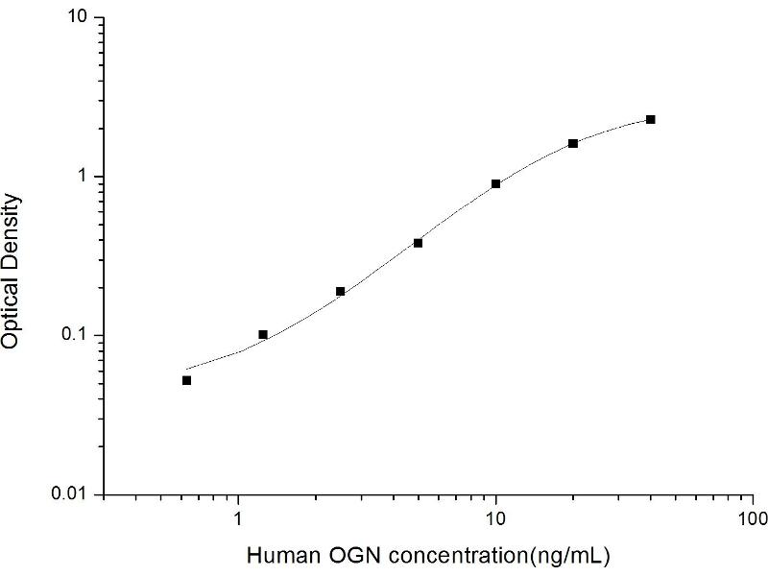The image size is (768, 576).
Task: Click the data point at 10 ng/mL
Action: click(x=495, y=183)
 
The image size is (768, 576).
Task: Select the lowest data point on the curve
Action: click(x=186, y=380)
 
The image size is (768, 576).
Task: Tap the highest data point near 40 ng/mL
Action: click(x=651, y=119)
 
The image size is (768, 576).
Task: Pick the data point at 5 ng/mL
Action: click(x=418, y=243)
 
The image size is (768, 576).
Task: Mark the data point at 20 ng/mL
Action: click(x=573, y=143)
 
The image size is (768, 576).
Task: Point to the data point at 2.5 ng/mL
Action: click(x=341, y=291)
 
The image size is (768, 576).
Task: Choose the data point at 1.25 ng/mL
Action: click(x=263, y=334)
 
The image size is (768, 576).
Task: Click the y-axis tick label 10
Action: click(x=80, y=18)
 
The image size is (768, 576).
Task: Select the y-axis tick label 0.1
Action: click(x=78, y=336)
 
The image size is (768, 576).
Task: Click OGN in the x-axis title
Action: click(x=337, y=555)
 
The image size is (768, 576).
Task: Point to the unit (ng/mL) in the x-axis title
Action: click(x=573, y=555)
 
